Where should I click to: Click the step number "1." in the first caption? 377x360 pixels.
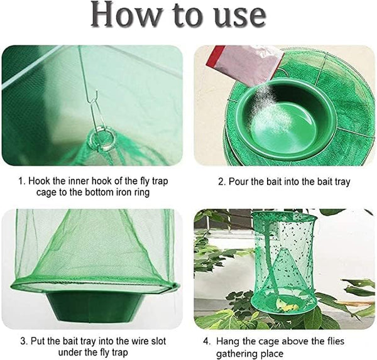[23, 181]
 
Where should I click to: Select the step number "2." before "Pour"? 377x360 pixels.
[222, 182]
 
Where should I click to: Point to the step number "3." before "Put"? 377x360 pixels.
[24, 341]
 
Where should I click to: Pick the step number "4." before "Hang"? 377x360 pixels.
[207, 342]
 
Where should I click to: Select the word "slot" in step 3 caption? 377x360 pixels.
[158, 341]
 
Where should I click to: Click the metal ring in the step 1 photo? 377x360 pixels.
[102, 139]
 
